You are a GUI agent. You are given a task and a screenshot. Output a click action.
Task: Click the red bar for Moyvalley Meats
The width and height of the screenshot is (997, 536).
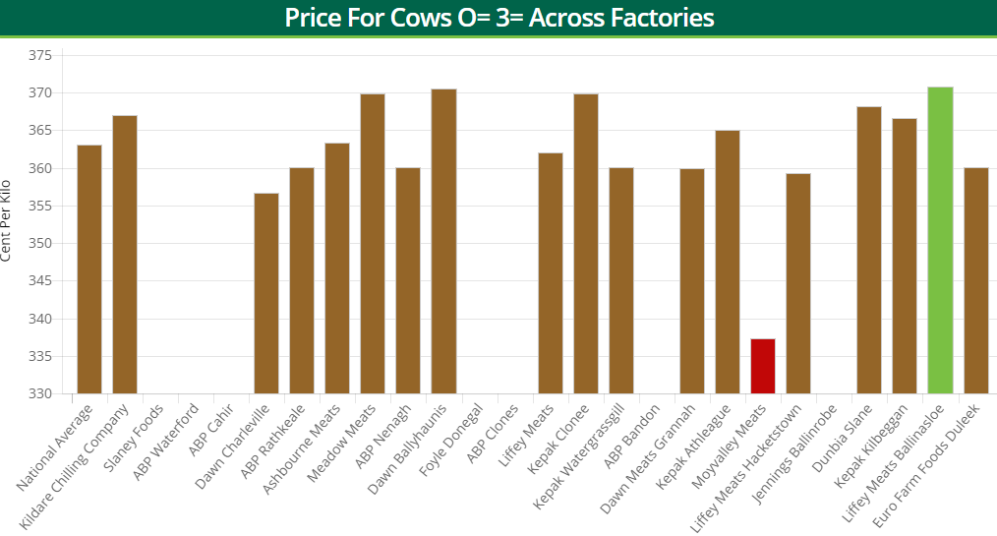click(x=763, y=366)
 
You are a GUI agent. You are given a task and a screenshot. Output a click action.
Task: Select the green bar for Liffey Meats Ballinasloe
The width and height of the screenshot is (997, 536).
click(x=940, y=240)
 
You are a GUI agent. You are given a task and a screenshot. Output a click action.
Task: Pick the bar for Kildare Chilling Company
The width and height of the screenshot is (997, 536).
click(x=125, y=255)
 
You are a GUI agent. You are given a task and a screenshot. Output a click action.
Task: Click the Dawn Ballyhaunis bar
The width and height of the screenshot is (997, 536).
click(x=443, y=241)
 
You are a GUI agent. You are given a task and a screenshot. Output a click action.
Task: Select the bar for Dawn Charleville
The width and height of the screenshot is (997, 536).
click(x=266, y=293)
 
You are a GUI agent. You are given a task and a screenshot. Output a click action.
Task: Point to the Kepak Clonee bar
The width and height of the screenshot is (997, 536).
click(x=586, y=244)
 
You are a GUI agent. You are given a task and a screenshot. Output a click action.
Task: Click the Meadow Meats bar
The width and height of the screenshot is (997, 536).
click(x=373, y=244)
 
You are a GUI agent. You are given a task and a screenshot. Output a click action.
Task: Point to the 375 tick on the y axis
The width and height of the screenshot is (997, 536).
click(x=39, y=56)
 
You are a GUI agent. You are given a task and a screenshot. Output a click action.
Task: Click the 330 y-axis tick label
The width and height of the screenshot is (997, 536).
click(x=39, y=394)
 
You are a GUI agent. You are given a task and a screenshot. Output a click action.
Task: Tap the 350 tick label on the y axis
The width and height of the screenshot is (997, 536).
click(x=39, y=244)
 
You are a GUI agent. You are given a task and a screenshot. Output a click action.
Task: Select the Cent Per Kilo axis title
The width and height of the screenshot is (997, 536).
click(x=8, y=220)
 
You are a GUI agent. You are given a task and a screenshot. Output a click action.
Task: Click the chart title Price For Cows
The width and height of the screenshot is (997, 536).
click(x=498, y=18)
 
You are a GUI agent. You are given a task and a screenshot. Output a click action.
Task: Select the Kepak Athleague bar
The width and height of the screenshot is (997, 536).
click(x=728, y=262)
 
